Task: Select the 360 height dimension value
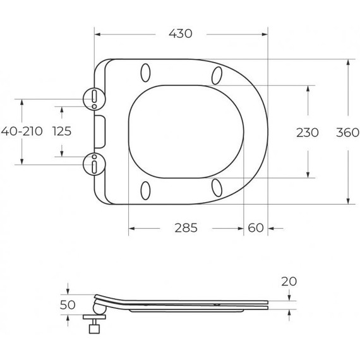point(347,132)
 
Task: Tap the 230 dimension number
point(308,132)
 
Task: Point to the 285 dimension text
point(186,227)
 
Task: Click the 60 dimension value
point(256,227)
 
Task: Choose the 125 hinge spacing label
point(62,132)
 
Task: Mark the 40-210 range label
point(22,132)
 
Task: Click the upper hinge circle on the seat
point(93,97)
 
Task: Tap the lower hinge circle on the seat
point(93,165)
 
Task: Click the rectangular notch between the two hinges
point(100,131)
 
